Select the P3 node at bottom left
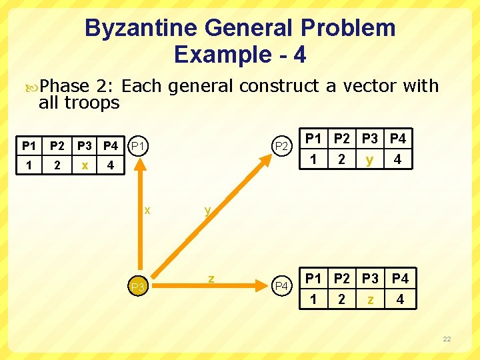pos(138,287)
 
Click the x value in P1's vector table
pos(84,164)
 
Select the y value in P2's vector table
pos(370,160)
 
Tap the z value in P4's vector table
pos(370,299)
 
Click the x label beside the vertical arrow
pos(147,210)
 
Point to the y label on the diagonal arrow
pos(207,210)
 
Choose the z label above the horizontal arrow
pos(211,277)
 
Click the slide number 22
pos(447,339)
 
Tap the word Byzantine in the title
pos(142,28)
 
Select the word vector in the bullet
pos(374,86)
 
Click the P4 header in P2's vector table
pos(398,139)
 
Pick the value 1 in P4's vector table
pos(313,299)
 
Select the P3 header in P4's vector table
pos(370,279)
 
